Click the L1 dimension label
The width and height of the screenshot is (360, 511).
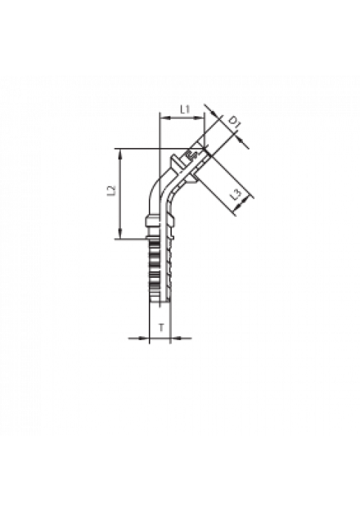click(185, 109)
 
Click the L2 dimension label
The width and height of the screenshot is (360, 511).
click(112, 191)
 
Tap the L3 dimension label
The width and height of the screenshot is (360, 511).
click(236, 195)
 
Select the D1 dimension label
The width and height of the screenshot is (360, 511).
click(234, 122)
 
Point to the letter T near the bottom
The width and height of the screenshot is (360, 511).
click(161, 328)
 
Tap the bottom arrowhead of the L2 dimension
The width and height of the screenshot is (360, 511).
click(121, 234)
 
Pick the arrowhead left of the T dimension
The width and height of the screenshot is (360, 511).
click(144, 338)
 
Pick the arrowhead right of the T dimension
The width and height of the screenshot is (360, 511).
click(176, 338)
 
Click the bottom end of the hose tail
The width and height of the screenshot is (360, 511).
click(159, 301)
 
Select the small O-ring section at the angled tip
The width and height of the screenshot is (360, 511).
click(190, 155)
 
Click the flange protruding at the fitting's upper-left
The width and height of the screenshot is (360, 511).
click(175, 161)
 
